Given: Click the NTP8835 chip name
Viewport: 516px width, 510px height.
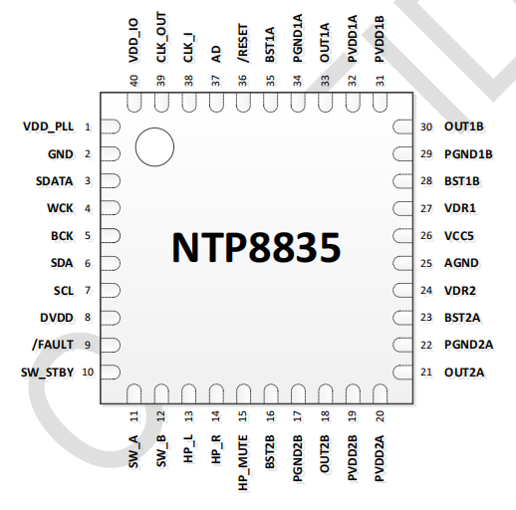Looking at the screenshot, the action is (x=256, y=247).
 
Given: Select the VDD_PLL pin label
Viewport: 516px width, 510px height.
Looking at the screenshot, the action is (x=49, y=127).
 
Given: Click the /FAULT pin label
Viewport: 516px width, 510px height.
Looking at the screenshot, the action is (x=53, y=345).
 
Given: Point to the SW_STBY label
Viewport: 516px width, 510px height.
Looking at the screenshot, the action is (x=47, y=373).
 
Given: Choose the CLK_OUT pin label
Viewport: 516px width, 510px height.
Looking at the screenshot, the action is (x=161, y=37).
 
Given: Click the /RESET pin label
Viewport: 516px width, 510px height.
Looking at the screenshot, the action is (x=243, y=43).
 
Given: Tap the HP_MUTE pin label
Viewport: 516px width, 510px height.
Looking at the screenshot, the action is (x=243, y=463).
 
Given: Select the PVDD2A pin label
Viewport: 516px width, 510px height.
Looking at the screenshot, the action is (x=380, y=458).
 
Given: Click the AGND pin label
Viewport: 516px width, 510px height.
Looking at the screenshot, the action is (x=461, y=263).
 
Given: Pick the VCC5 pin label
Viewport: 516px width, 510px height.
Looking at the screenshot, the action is (x=459, y=236).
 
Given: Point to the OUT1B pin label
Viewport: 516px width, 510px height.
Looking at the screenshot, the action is (x=464, y=127).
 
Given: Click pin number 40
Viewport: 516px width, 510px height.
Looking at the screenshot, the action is (x=133, y=81).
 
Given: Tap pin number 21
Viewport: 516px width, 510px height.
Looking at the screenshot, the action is (x=426, y=373).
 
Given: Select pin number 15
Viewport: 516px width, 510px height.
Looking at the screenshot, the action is (x=243, y=416).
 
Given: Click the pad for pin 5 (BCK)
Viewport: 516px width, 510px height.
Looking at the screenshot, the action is (x=111, y=236).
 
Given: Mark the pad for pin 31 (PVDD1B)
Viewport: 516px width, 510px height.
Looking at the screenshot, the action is (x=380, y=103).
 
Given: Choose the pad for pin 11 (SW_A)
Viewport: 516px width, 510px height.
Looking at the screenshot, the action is (x=133, y=393).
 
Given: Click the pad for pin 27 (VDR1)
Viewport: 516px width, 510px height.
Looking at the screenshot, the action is (x=402, y=208).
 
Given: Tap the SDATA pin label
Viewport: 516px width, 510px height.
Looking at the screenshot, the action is (x=55, y=181).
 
